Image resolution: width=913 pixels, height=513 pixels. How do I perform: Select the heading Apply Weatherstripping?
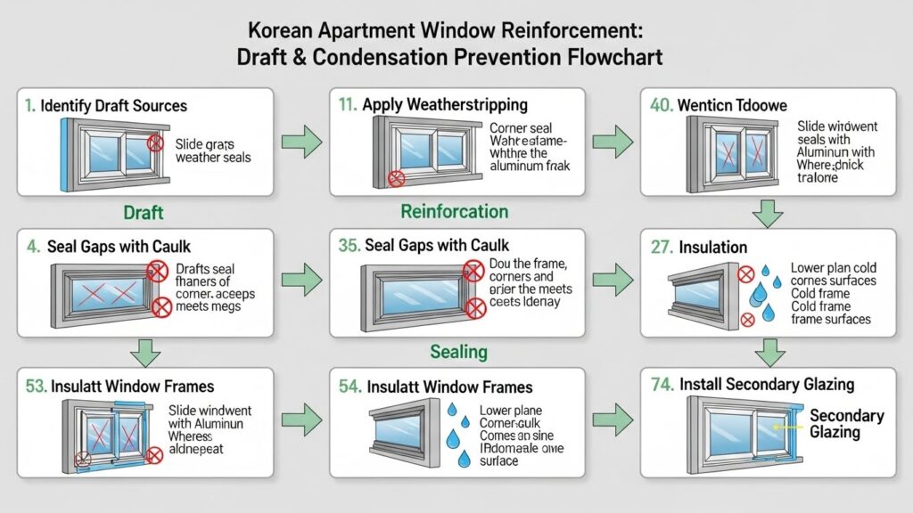[445, 104]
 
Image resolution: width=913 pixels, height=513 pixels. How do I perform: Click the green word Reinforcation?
[455, 212]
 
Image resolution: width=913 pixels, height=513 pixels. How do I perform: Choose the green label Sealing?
[458, 351]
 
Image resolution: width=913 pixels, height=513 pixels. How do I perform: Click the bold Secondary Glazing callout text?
[846, 424]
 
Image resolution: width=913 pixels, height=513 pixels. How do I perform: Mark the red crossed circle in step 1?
[155, 142]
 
